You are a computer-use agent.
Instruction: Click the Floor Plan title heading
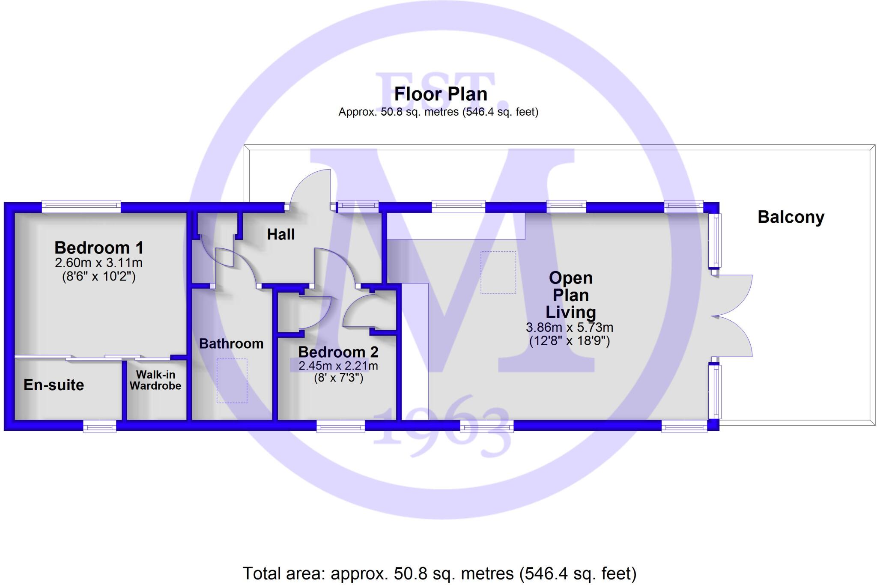tap(440, 94)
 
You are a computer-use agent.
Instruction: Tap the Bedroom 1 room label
tap(98, 248)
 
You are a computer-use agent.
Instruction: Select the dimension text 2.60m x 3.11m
tap(98, 263)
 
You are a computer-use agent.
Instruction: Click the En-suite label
tap(54, 385)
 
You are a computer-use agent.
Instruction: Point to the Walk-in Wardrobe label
tap(155, 380)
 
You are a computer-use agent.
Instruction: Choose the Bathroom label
tap(231, 343)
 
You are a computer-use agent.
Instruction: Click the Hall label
tap(281, 234)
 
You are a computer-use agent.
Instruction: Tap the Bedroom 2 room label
tap(338, 352)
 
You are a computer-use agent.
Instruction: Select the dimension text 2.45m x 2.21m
tap(338, 366)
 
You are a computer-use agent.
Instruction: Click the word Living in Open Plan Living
tap(570, 312)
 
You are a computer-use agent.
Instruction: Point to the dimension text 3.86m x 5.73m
tap(570, 328)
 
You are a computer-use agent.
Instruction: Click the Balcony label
tap(790, 217)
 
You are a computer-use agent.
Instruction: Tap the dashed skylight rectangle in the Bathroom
tap(232, 380)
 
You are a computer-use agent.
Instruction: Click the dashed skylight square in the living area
tap(498, 272)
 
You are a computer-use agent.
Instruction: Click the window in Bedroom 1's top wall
tap(81, 207)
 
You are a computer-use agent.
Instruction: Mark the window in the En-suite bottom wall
tap(99, 426)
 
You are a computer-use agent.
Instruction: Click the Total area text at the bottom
tap(439, 573)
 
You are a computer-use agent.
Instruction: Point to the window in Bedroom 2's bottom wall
tap(340, 426)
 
